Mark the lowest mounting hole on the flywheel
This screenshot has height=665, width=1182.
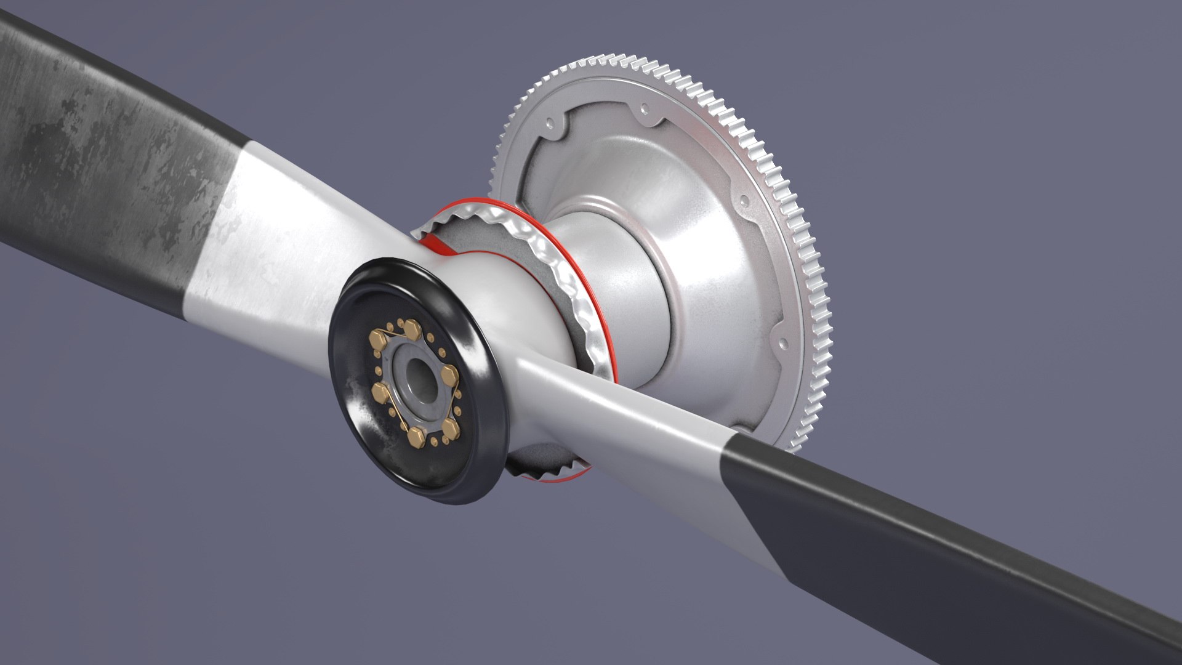(x=784, y=340)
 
